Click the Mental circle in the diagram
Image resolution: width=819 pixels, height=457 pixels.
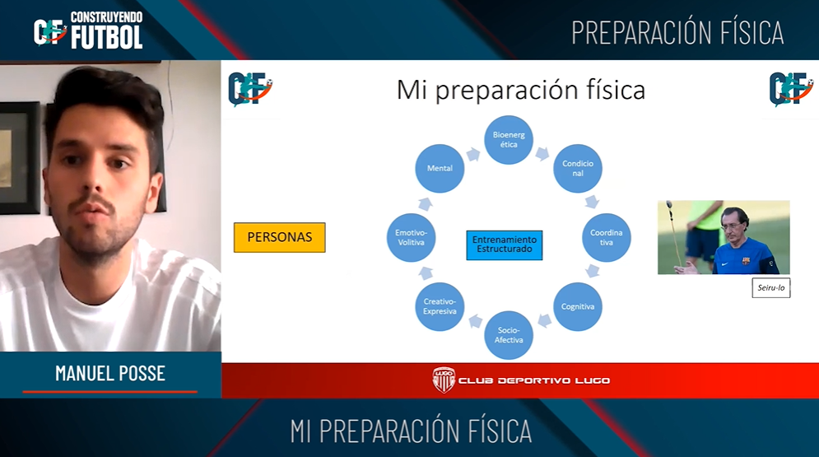(440, 168)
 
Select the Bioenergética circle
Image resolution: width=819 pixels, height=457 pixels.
(509, 139)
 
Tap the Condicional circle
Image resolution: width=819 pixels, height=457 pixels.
(578, 168)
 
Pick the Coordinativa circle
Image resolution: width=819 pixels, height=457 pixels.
(607, 238)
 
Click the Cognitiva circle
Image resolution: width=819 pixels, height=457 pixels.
(578, 306)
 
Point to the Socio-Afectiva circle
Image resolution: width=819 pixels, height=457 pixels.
(509, 335)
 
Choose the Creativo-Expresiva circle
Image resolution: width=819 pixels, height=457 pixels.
(440, 306)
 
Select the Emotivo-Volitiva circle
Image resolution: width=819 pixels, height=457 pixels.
(411, 238)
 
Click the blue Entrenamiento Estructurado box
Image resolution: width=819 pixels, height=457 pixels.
(504, 245)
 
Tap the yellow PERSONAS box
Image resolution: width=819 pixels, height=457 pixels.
(279, 238)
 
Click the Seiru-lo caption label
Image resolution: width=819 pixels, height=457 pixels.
(771, 287)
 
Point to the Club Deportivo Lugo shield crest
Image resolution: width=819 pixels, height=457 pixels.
(444, 380)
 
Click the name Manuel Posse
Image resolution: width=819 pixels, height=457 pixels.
(110, 374)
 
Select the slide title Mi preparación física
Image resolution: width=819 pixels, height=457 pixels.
(521, 89)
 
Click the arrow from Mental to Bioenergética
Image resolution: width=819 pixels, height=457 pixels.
(473, 154)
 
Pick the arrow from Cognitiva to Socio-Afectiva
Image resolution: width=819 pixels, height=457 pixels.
(544, 320)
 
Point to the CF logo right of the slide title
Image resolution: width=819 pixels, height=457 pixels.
(791, 89)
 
